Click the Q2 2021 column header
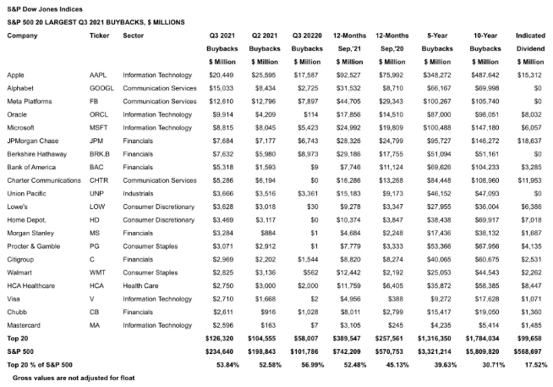(x=266, y=36)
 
